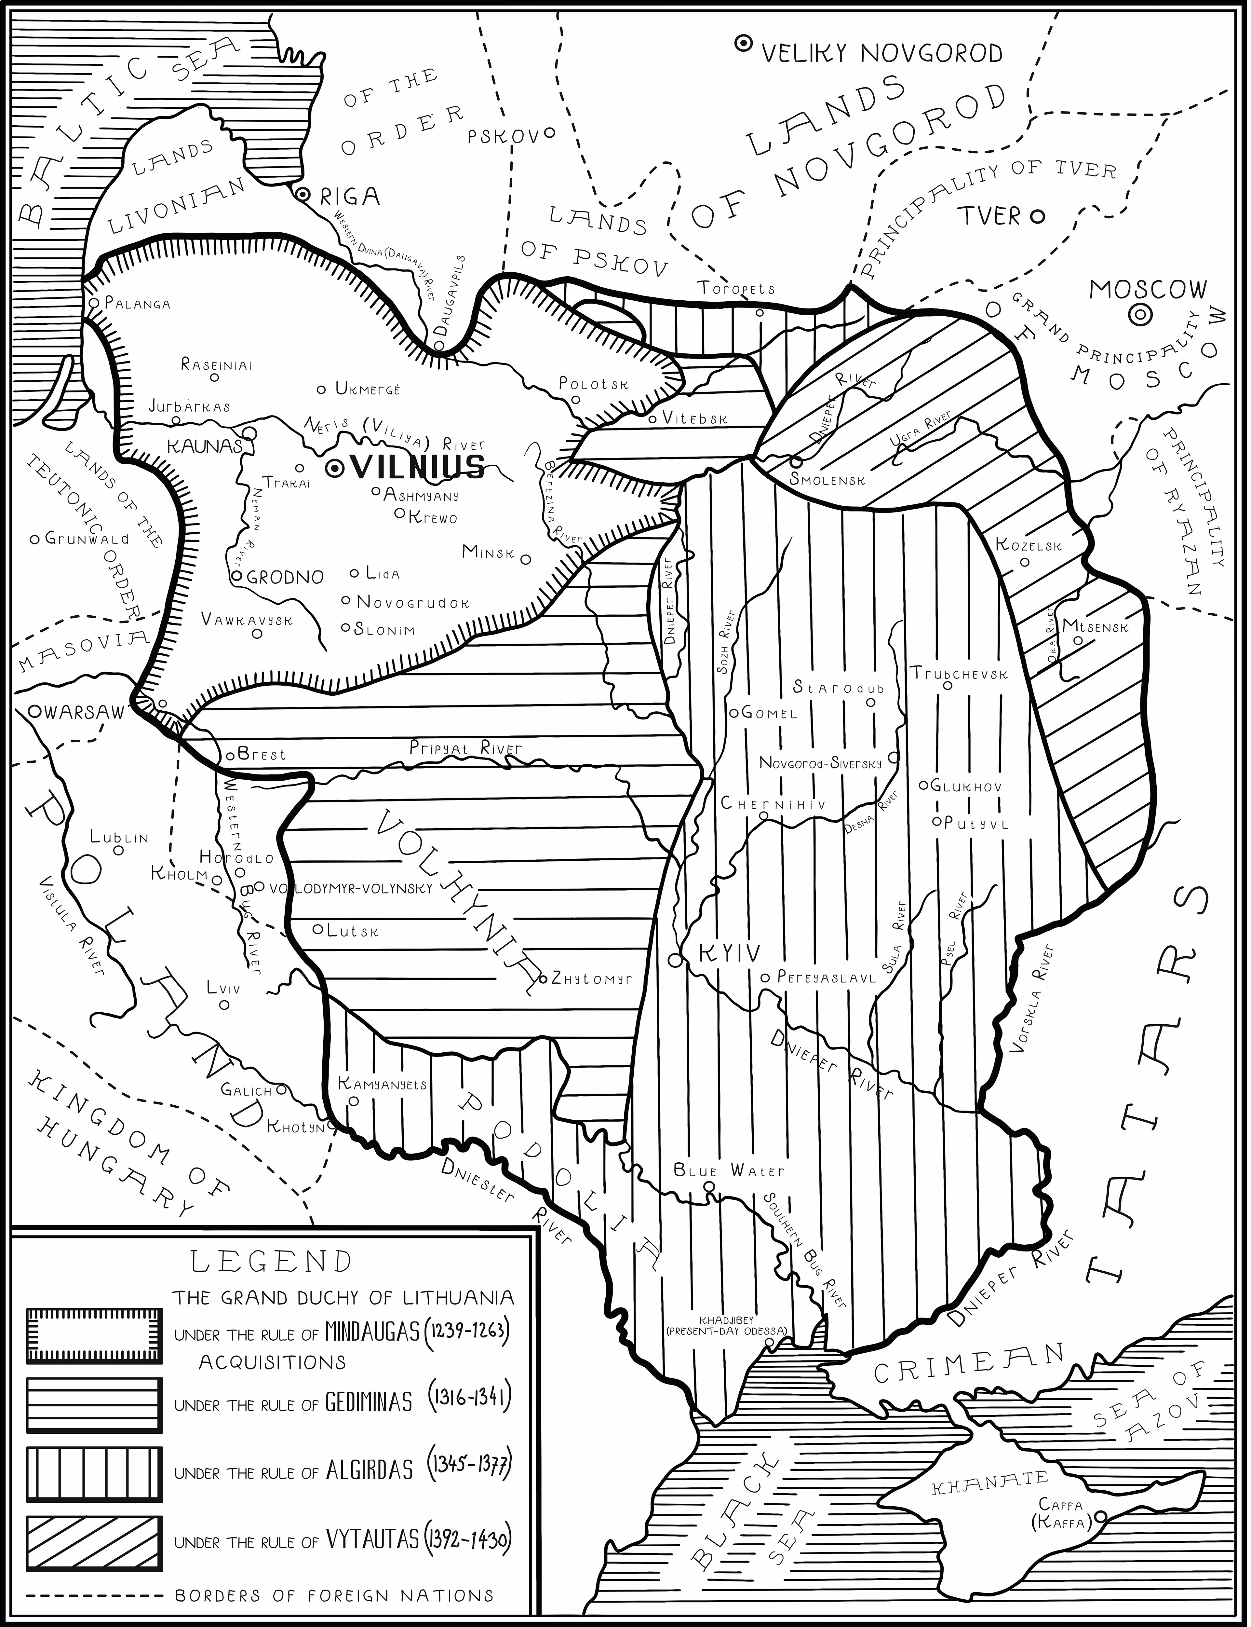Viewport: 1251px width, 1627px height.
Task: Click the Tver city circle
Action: click(x=1037, y=217)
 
